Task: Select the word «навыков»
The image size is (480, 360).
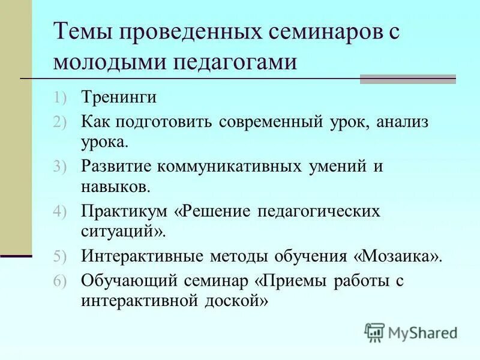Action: coord(115,187)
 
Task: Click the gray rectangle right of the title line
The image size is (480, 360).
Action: coord(407,79)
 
